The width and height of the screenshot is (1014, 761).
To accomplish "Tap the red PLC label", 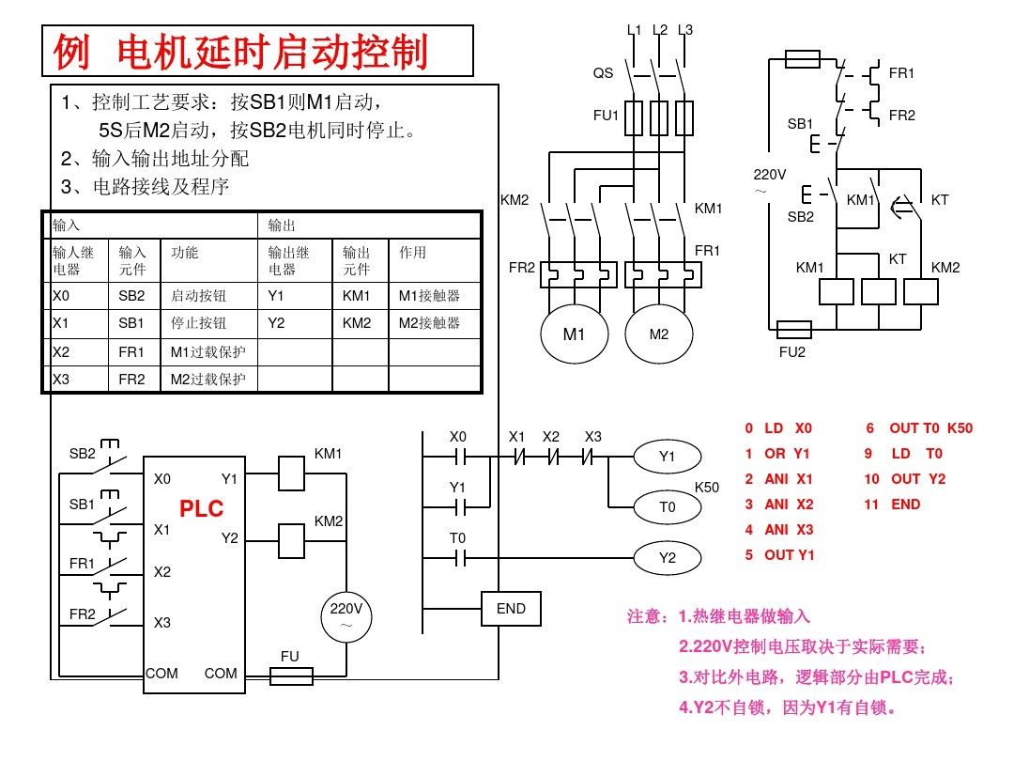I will pos(202,509).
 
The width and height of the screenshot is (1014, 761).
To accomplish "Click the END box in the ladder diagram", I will pos(511,609).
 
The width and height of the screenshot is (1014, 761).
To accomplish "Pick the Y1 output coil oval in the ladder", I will pos(668,457).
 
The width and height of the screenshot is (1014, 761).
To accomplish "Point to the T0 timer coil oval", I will pos(668,507).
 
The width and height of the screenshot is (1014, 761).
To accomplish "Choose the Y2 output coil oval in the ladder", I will pos(668,558).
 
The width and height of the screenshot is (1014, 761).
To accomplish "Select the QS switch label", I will pos(603,72).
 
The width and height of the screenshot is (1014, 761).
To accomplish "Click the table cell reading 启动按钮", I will pos(198,296).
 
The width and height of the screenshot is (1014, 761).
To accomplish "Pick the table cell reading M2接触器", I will pos(429,322).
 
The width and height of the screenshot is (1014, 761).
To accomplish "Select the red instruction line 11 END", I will pos(893,505).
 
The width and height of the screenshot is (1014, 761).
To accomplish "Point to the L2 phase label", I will pos(660,30).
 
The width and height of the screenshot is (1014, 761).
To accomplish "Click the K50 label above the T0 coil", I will pos(706,488).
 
